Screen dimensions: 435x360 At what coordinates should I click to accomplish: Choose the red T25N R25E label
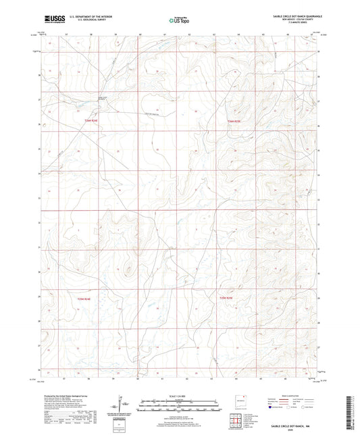pos(226,297)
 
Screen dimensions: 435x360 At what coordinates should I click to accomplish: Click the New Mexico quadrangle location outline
pos(238,399)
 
